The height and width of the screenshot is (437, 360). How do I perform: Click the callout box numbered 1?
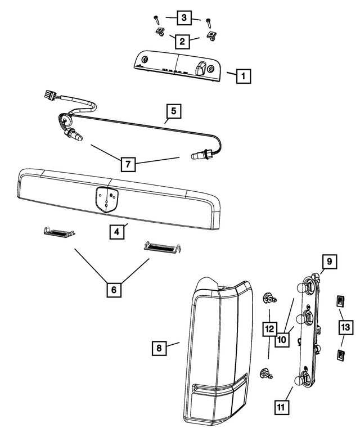click(244, 76)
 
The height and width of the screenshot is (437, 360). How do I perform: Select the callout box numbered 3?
click(184, 17)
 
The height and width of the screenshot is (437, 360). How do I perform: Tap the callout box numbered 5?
click(174, 111)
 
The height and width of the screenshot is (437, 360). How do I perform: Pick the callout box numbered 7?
click(128, 164)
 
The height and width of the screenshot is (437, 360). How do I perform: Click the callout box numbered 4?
click(117, 232)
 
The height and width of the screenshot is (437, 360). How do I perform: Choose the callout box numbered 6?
click(114, 290)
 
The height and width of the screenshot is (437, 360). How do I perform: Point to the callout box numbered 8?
click(159, 348)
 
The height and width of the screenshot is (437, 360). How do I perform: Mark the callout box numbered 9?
click(330, 262)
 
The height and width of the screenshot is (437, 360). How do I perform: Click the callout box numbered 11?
click(281, 407)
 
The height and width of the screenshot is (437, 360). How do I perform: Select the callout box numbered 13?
click(346, 327)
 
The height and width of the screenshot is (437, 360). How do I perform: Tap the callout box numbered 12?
click(270, 329)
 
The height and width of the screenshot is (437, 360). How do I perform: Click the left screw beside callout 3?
click(156, 20)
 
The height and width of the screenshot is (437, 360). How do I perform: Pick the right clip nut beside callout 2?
click(211, 36)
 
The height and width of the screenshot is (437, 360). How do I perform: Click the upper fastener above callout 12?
click(269, 298)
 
